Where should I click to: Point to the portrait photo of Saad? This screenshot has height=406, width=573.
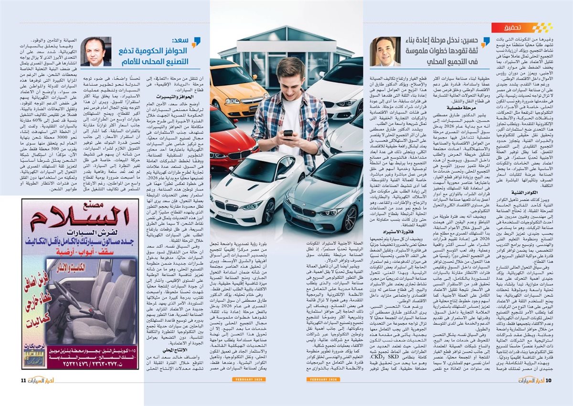(x=95, y=52)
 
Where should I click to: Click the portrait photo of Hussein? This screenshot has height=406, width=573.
(x=385, y=51)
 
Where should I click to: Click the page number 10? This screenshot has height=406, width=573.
(x=549, y=380)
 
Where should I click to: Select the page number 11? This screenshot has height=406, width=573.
(x=23, y=380)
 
